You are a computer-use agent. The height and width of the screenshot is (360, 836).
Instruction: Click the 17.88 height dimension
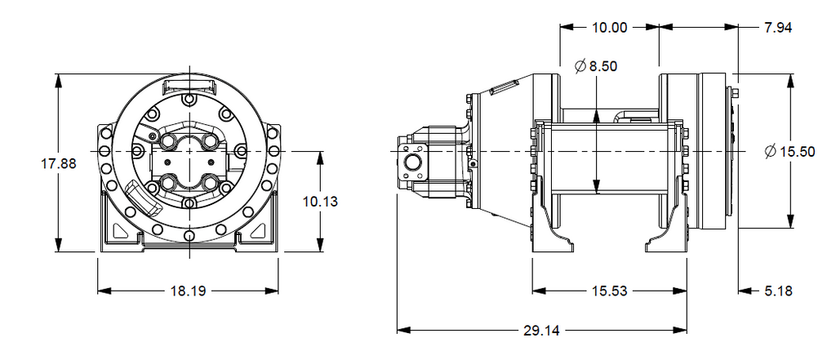click(58, 163)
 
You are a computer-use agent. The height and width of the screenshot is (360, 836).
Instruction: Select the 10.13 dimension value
click(319, 201)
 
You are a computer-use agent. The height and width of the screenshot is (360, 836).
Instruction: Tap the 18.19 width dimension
click(189, 290)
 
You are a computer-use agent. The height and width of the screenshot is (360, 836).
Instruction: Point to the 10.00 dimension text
click(609, 27)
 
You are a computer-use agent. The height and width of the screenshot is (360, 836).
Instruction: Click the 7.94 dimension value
click(778, 27)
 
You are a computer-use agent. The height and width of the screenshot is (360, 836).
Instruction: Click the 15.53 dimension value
click(609, 290)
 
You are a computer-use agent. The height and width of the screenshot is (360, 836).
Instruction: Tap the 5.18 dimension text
click(777, 290)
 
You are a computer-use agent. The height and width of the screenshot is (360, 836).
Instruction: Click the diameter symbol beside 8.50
click(580, 67)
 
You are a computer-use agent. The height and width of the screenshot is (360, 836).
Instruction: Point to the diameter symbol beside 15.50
click(772, 152)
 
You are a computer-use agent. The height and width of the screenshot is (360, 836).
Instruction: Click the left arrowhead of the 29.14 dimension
click(402, 331)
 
